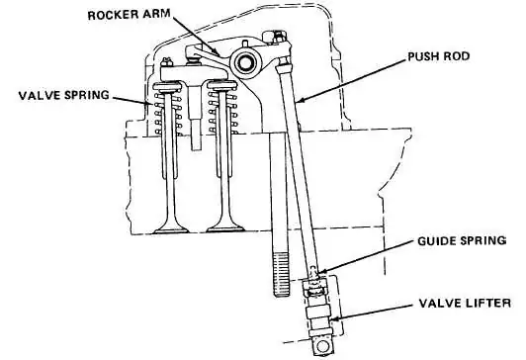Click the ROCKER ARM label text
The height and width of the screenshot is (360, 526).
click(130, 15)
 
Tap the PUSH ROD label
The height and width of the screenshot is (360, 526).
click(438, 56)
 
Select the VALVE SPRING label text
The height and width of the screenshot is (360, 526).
click(63, 95)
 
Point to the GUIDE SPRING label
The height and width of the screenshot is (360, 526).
click(462, 240)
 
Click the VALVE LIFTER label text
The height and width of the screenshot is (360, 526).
click(465, 303)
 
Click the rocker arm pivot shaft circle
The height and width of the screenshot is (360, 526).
click(244, 62)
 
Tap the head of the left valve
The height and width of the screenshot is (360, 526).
click(171, 229)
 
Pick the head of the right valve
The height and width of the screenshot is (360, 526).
click(225, 228)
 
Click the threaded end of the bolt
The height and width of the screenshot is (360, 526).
click(282, 275)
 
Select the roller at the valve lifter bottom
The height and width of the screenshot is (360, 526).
click(323, 346)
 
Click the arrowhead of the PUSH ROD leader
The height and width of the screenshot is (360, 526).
click(300, 100)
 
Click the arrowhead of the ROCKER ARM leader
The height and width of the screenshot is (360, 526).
click(217, 52)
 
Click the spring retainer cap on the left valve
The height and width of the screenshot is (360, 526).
click(167, 87)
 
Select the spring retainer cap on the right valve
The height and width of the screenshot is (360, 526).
click(222, 86)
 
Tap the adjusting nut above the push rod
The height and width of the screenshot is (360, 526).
click(277, 37)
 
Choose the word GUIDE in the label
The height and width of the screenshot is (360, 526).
click(437, 240)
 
